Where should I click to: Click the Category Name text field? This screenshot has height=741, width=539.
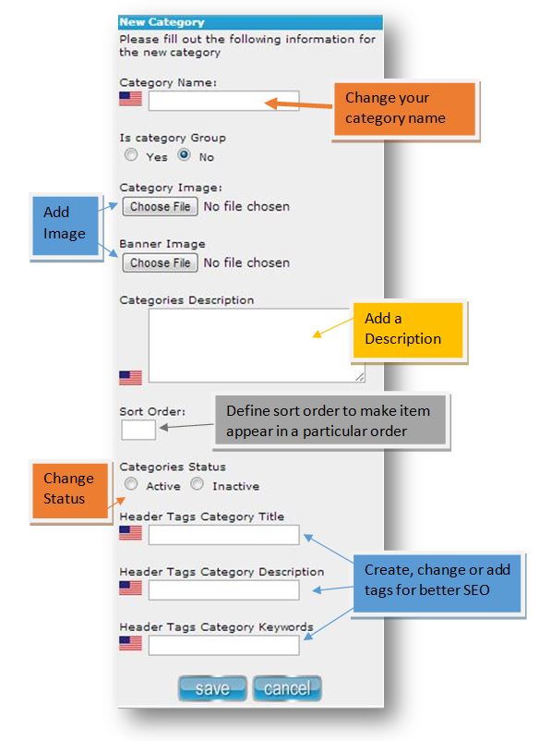223,101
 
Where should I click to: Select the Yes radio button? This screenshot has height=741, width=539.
131,154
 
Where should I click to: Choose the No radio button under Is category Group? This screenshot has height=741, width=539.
184,154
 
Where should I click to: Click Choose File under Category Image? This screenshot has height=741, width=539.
160,207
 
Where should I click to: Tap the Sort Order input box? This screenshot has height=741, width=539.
138,430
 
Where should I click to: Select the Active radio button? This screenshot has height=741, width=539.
131,484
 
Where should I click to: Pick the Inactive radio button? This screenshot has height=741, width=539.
197,484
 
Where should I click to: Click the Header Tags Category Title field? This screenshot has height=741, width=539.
223,535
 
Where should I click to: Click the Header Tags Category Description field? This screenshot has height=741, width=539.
223,590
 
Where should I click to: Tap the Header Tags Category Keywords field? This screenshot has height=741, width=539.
223,645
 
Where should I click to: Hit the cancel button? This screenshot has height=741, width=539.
287,688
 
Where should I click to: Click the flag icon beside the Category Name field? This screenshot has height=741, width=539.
131,99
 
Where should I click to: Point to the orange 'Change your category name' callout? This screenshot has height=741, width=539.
405,109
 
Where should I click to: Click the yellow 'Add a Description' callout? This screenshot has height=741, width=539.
408,330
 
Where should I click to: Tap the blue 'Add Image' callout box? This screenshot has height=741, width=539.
66,225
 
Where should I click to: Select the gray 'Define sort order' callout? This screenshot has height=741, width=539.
330,420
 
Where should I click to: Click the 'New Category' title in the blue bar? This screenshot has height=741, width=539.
162,22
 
